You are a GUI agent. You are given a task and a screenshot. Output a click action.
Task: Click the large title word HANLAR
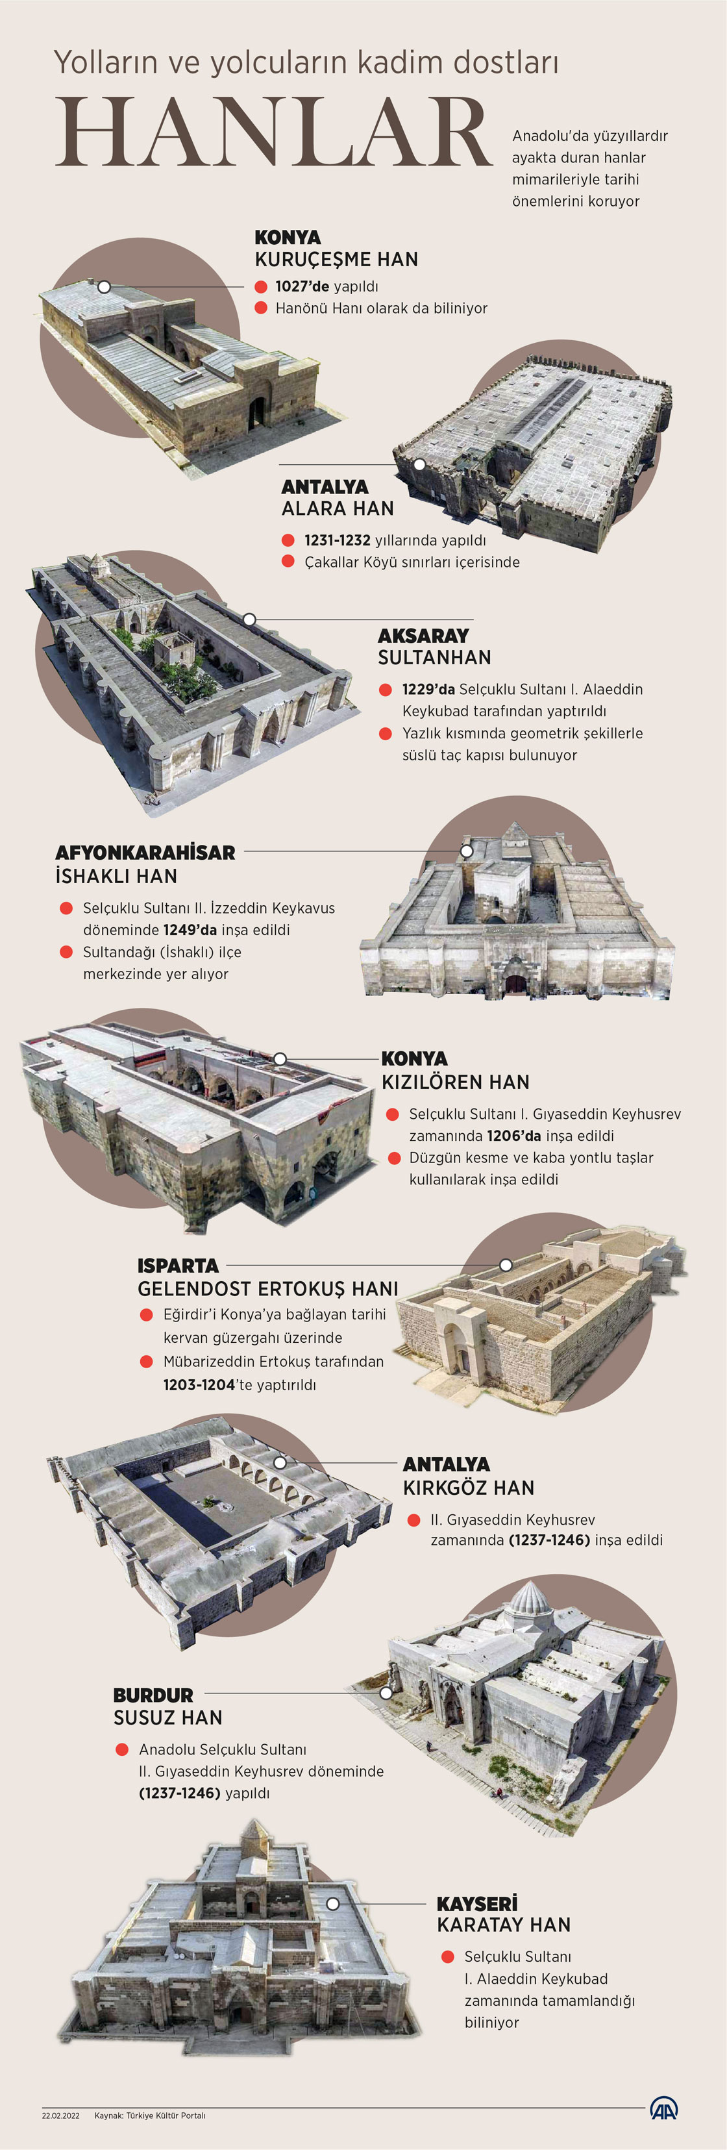coord(275,132)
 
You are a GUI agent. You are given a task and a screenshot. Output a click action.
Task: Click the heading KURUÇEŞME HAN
coord(336,260)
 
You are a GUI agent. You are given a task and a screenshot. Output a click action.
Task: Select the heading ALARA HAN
coord(337,508)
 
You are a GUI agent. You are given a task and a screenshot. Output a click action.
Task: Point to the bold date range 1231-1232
coord(337,540)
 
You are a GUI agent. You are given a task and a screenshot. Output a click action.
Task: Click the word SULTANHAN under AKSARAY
coord(434,658)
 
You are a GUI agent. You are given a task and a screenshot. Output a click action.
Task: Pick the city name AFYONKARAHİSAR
coord(145,852)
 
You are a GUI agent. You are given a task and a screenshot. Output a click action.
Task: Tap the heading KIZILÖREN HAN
coord(455,1082)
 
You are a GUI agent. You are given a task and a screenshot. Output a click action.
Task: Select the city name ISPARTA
coord(178,1266)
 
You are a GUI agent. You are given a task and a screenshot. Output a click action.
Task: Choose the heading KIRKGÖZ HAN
coord(468,1487)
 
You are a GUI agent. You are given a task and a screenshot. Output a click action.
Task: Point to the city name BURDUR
coord(153,1695)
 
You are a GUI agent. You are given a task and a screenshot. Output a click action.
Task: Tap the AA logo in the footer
coord(663,2109)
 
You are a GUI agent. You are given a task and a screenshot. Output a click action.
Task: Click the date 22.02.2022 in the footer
coord(61,2116)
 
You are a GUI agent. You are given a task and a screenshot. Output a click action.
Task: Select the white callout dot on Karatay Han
coord(332,1904)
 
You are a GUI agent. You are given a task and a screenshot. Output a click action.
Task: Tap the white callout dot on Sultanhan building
coord(249,620)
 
